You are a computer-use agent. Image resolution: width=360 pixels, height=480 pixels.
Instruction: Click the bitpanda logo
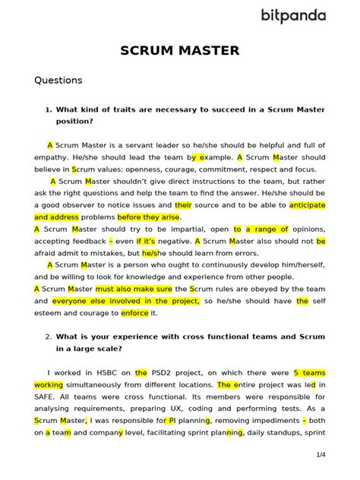pos(294,15)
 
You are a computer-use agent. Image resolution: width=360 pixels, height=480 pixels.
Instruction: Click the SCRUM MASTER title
pos(180,51)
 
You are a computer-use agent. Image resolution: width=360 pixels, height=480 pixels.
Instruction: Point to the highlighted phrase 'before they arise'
pos(149,216)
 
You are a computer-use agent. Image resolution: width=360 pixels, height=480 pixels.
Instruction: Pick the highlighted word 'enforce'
pos(134,312)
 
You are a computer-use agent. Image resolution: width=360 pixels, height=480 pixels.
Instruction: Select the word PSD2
pos(165,373)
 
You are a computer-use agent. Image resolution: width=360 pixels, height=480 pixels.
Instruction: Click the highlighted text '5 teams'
pos(308,373)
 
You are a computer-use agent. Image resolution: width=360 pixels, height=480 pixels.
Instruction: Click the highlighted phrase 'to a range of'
pos(261,229)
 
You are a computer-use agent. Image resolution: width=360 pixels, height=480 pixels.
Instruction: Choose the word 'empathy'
pos(52,156)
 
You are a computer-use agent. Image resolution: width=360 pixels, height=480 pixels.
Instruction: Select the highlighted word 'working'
pos(49,385)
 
